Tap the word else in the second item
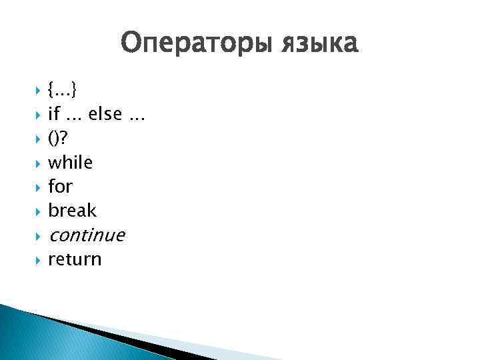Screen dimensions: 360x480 pos(103,114)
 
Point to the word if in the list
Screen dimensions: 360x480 pos(54,114)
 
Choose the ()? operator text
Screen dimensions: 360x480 pos(59,138)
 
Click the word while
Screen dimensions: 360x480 pos(71,162)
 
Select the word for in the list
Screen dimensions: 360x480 pos(60,186)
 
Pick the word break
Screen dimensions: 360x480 pos(72,211)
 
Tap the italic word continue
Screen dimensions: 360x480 pos(86,235)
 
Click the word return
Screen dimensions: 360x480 pos(75,259)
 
